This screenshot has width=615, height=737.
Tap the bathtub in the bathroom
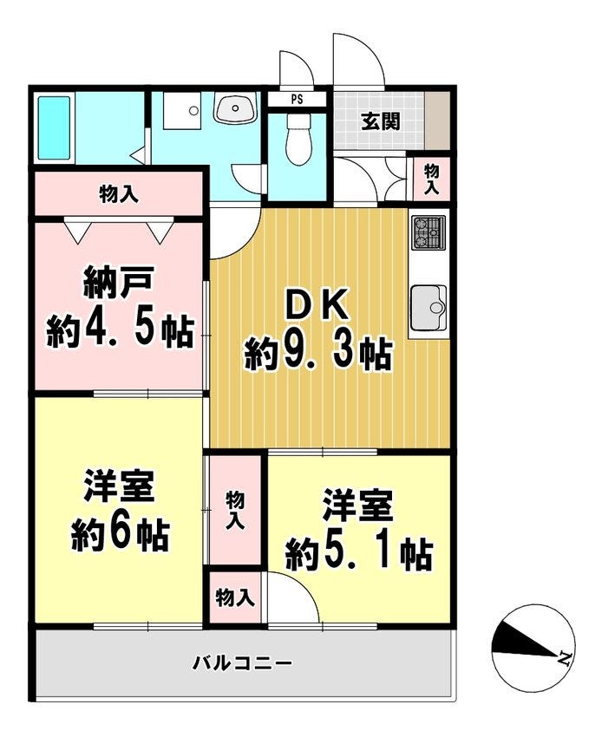pos(54,127)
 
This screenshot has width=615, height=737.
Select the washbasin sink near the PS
pos(235,108)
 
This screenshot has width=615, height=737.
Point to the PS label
pos(297,100)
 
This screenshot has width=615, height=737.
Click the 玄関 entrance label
pos(381,121)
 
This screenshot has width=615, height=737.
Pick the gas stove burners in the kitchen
pos(429,233)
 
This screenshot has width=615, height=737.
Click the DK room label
pos(317,306)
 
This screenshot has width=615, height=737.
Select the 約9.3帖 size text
pos(317,354)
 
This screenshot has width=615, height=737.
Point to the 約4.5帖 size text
pos(120,330)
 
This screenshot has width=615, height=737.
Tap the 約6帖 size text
pos(120,534)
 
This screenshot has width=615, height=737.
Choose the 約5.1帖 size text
pos(358,554)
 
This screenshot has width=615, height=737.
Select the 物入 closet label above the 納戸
pos(119,194)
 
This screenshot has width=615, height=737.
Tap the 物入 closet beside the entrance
pos(431,179)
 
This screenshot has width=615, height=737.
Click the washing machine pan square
pos(182,110)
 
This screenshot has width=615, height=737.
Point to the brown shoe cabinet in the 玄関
pos(438,121)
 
